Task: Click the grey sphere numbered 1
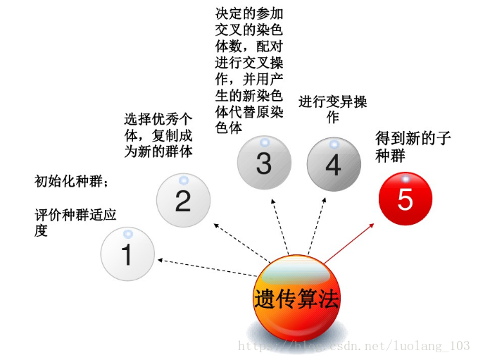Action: pos(127,254)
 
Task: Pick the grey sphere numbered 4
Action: pos(334,164)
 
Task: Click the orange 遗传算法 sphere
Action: pos(296,299)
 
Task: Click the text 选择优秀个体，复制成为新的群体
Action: pos(158,135)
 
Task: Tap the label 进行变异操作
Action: pos(333,109)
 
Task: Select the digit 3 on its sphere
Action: pos(263,163)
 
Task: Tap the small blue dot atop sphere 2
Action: pos(182,179)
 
